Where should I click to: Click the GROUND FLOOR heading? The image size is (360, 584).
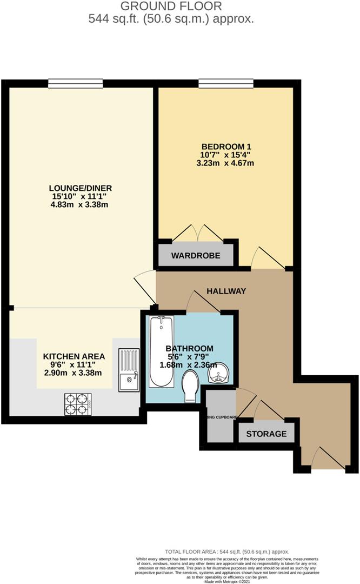coord(171,6)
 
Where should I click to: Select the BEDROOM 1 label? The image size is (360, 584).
coord(226,147)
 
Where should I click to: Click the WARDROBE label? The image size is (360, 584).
coord(196,255)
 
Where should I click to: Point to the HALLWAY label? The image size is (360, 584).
coord(226,291)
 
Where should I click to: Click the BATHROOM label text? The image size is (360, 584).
coord(189,348)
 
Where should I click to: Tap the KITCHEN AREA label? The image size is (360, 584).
coord(74,356)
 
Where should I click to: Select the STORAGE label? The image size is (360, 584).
coord(266,434)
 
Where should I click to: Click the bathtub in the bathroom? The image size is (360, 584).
coord(161,351)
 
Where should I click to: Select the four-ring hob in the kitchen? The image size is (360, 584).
coord(77,401)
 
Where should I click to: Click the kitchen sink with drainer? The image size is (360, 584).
coord(129,369)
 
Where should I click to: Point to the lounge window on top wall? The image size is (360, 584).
coord(75,83)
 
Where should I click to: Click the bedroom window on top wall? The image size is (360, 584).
coord(226,83)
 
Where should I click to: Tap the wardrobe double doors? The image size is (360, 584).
coord(196,233)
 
